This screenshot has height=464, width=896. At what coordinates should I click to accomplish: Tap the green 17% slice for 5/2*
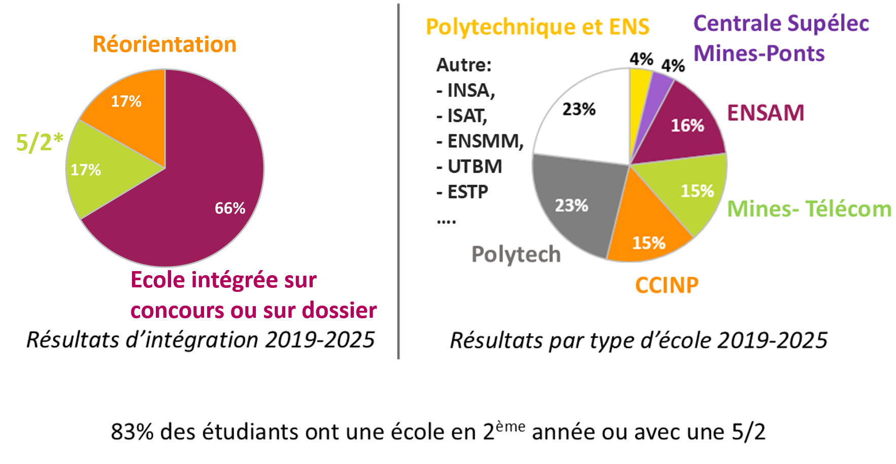(96, 168)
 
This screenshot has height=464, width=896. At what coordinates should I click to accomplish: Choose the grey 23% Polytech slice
(579, 203)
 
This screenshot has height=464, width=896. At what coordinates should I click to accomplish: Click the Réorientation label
(164, 44)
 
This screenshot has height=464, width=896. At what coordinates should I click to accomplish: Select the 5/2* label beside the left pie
(40, 142)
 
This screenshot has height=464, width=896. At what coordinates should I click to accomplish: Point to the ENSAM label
(766, 113)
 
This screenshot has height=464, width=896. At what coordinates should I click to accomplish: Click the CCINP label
(667, 285)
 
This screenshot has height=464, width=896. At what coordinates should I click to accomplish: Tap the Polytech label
(516, 254)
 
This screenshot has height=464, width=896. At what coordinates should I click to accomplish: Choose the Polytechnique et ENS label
(537, 27)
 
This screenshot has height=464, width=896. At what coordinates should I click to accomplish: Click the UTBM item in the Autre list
(474, 167)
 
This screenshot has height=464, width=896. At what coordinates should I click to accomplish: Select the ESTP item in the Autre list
(467, 192)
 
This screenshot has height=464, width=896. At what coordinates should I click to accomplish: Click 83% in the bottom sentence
(132, 432)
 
